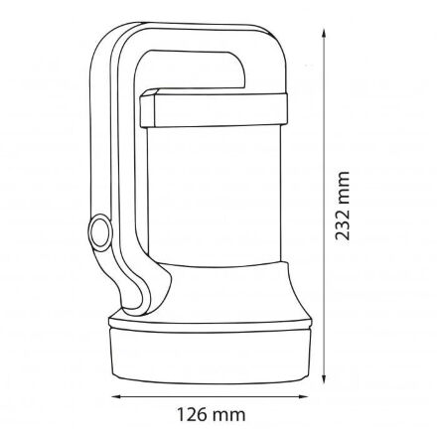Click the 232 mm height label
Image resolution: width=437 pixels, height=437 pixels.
[x=343, y=206]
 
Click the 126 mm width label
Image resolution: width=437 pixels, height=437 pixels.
[x=212, y=415]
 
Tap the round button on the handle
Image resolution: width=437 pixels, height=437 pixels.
[x=100, y=231]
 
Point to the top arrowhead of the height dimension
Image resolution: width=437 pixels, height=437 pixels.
[x=324, y=33]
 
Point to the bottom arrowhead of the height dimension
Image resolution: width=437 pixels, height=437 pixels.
[x=324, y=379]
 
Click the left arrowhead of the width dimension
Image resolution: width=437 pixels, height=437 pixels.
[x=116, y=396]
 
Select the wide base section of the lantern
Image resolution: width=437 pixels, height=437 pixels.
[x=211, y=356]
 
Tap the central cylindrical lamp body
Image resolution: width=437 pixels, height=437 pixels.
[x=214, y=195]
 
